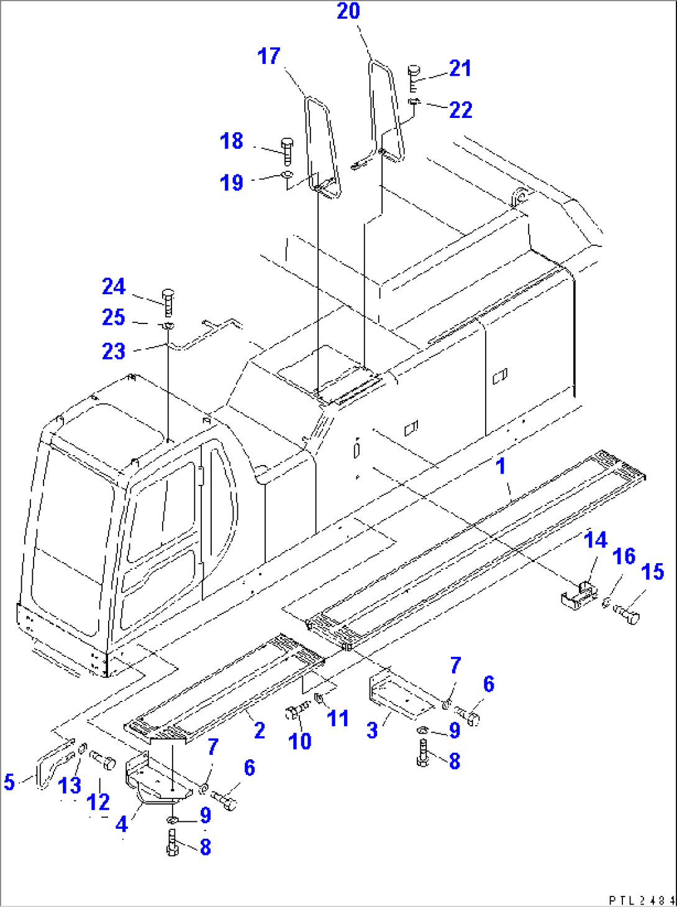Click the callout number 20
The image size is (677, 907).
point(348,11)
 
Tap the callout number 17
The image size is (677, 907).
point(269,56)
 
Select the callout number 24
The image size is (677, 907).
point(114,287)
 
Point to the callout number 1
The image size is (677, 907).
point(501,466)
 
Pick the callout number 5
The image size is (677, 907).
point(9,782)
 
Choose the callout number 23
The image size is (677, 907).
point(114,351)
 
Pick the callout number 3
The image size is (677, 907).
point(373,730)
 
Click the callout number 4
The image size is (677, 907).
point(122,824)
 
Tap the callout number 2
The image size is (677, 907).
point(259,730)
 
